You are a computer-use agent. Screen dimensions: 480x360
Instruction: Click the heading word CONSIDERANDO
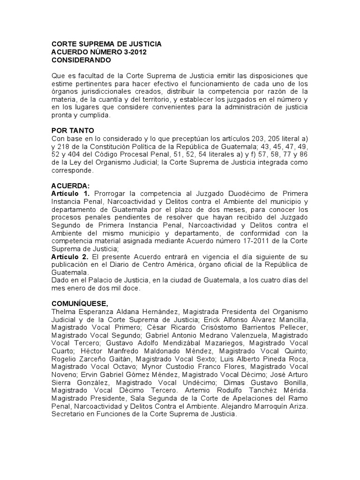click(x=81, y=60)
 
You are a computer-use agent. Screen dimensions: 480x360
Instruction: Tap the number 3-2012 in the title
click(x=133, y=52)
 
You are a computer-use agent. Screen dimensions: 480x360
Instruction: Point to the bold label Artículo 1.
click(x=70, y=194)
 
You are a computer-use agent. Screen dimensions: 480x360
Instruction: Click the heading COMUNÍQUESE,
click(x=82, y=303)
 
